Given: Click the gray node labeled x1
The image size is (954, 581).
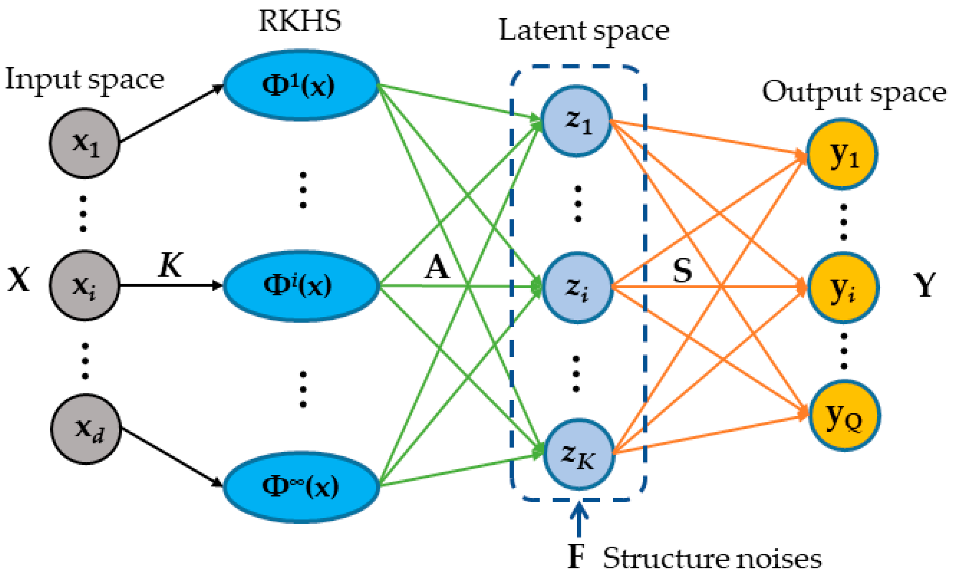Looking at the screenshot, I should pos(84,143).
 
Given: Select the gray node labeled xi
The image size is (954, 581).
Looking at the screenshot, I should pos(84,285).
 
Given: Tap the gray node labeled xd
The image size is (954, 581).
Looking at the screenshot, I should pos(86,429).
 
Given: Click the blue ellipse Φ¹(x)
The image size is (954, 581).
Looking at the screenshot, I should pos(301,86).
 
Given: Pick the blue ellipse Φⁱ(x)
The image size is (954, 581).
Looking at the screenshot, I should pos(301,286).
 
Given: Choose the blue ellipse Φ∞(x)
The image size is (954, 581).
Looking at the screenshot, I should pos(301,487).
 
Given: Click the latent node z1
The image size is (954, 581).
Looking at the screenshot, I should pos(576,121).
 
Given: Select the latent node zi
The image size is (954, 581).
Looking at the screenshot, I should pos(577,287).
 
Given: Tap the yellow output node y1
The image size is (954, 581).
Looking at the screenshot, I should pos(842,154).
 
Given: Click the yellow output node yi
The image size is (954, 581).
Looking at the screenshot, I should pos(843,287).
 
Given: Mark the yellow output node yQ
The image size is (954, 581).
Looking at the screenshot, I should pos(844,415).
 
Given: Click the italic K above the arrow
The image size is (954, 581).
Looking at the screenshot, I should pos(170,265).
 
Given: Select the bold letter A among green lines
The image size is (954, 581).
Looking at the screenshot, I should pos(436,268).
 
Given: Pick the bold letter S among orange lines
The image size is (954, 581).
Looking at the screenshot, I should pos(682,270).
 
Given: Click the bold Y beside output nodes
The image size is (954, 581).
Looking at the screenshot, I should pos(924,285).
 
